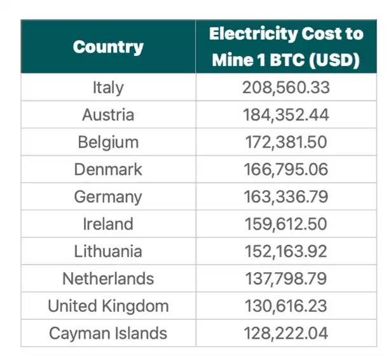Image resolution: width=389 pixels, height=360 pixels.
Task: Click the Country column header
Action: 108,46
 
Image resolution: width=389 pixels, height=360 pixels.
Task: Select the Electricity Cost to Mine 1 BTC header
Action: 286,46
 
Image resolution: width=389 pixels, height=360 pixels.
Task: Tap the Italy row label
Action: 108,88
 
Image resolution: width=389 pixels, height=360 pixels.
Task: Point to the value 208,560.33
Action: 286,88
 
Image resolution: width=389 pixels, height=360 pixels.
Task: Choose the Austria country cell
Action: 108,115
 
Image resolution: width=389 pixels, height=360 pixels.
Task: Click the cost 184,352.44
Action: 286,115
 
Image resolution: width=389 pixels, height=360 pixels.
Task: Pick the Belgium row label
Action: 108,142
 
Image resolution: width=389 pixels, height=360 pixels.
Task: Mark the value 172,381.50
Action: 286,142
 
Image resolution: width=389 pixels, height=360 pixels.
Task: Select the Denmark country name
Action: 108,170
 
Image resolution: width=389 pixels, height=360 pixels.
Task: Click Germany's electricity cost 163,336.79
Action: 286,197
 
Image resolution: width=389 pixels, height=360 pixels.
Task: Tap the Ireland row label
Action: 108,225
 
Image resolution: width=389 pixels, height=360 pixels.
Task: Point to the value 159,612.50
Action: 286,225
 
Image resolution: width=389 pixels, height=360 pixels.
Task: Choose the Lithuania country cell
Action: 108,252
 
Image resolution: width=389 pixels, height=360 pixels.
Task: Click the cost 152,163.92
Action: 286,252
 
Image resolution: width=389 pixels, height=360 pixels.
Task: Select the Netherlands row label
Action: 108,279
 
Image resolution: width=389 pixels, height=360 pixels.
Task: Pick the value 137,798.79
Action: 286,279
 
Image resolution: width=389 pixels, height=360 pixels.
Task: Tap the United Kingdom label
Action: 108,306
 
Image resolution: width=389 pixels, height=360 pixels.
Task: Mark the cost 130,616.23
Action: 286,306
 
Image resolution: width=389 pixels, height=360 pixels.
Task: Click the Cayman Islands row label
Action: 108,333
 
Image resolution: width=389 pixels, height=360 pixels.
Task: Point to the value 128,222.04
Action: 286,333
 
